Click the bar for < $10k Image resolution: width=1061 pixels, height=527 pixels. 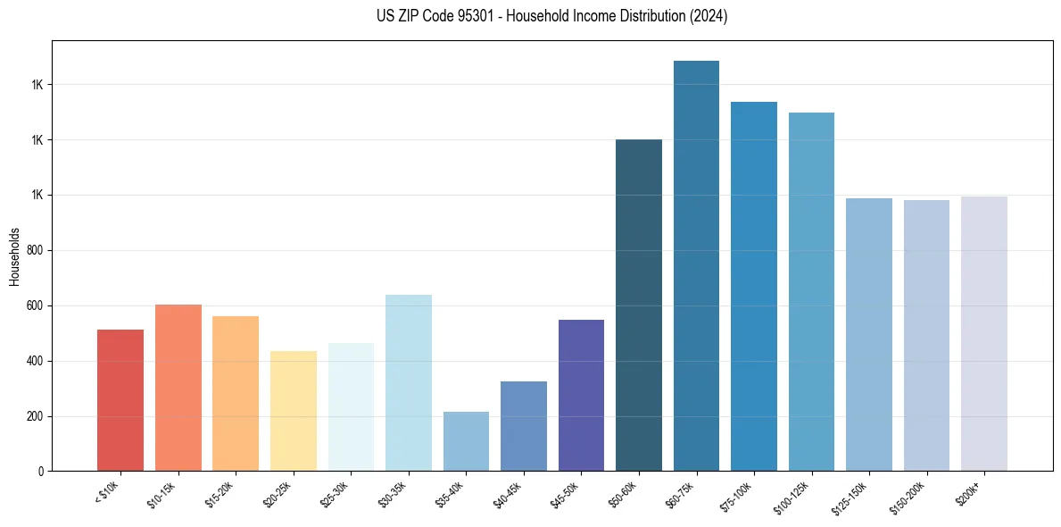click(x=120, y=400)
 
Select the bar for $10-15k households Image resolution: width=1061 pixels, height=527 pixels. click(x=178, y=388)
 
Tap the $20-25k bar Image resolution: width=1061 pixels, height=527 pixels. click(x=293, y=411)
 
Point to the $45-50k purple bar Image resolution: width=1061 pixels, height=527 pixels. click(x=581, y=395)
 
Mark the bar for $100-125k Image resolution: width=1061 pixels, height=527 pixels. click(x=811, y=292)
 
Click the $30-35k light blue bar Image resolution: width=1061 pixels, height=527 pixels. click(x=408, y=383)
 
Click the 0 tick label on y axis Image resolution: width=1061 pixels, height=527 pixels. click(x=41, y=472)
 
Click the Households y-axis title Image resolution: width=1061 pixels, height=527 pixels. click(x=14, y=255)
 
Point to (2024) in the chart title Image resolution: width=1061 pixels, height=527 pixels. click(x=709, y=16)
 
